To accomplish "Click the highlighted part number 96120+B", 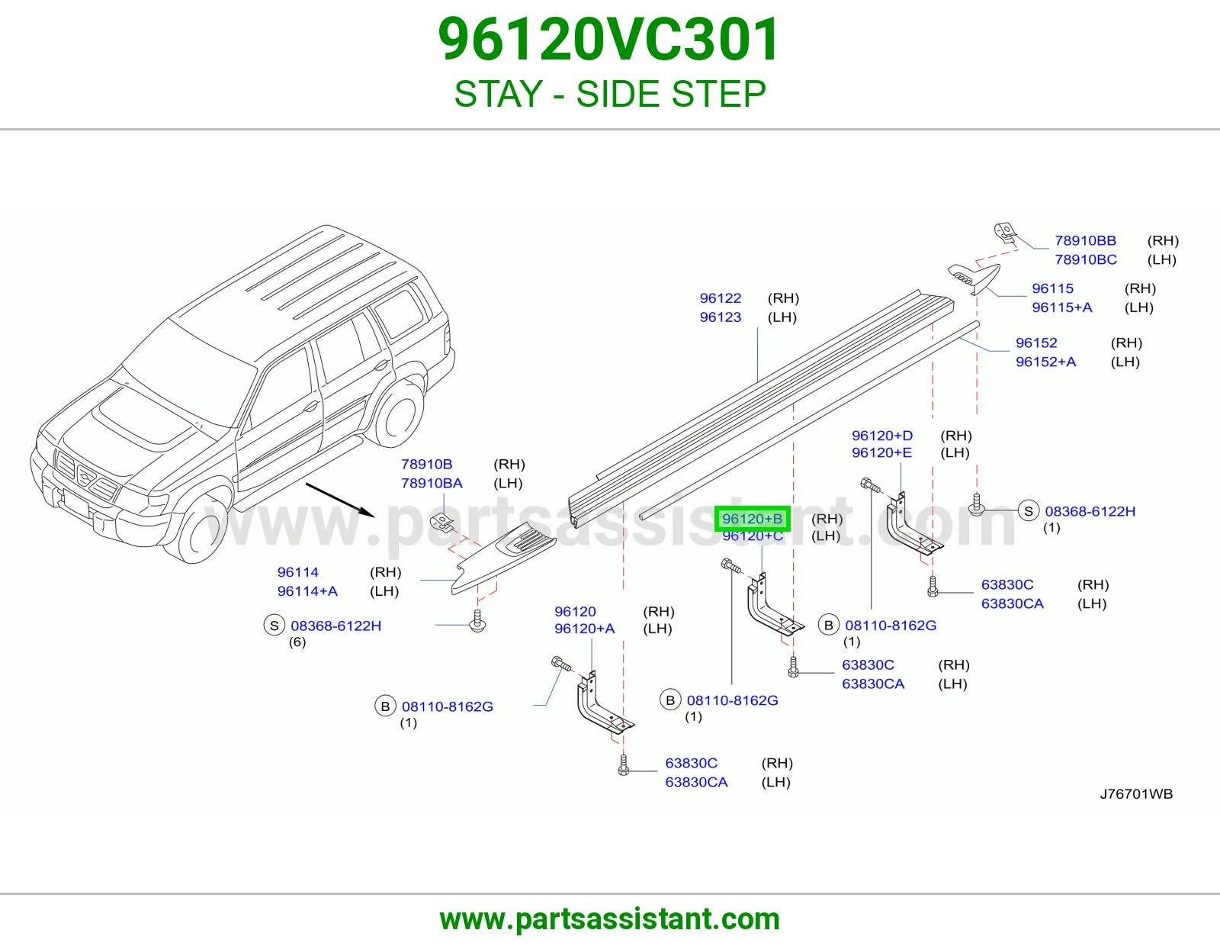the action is coord(752,519).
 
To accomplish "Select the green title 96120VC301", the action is coord(608,40).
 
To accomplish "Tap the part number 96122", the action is coord(721,298).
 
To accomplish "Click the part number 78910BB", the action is coord(1085,240).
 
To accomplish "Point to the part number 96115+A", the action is coord(1061,307).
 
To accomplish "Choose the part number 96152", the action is coord(1035,343).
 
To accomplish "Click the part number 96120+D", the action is coord(882,436).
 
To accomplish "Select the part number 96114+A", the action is coord(307,591).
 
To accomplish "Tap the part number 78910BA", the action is coord(431,483).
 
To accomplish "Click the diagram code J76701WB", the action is coord(1136,793).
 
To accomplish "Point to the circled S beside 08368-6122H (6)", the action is coord(274,626).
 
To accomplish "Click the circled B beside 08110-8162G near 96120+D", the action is coord(828,625).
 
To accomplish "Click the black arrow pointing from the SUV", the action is coord(340,500).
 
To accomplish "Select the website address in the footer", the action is coord(610,919).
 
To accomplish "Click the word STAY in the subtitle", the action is coord(499,94).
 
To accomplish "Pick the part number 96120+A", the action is coord(584,629).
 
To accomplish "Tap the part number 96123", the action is coord(721,317).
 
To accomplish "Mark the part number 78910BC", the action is coord(1086,259).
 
